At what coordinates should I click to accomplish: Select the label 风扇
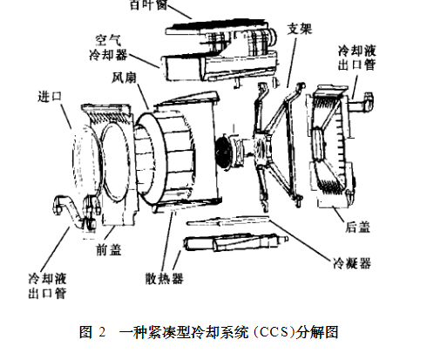[x=124, y=78]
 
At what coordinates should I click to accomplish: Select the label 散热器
[x=164, y=278]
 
